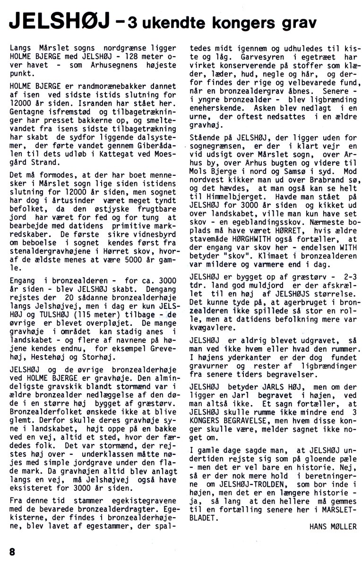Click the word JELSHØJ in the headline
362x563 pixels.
point(58,22)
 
